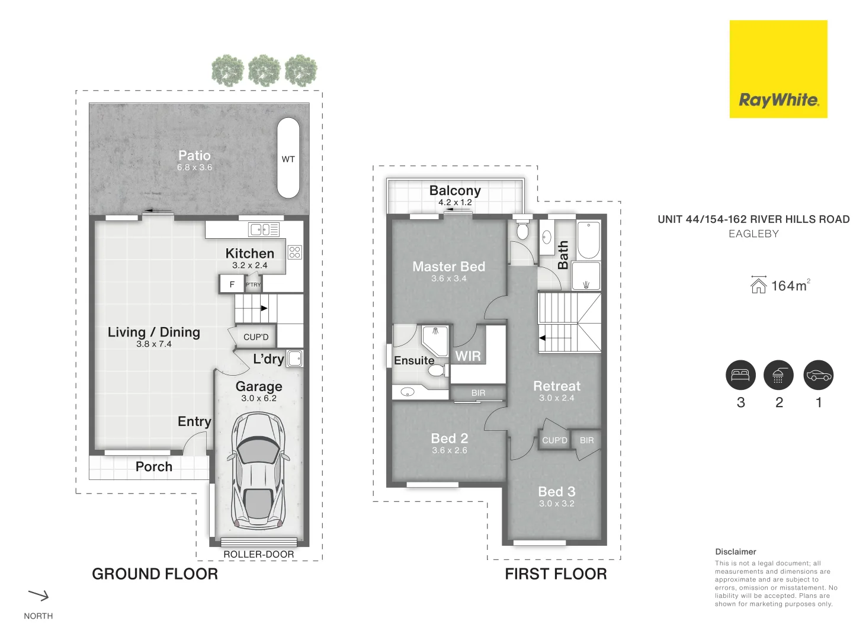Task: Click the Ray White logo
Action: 778,69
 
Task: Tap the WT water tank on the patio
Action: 288,158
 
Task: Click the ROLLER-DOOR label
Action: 258,555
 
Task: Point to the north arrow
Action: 39,595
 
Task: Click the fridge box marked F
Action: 232,284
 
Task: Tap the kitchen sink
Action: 264,229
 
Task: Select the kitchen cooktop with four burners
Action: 294,252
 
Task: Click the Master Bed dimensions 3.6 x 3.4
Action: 448,279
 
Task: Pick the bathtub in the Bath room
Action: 588,240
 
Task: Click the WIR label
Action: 468,356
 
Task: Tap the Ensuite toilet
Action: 437,370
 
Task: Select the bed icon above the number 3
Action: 740,375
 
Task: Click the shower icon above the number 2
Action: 778,375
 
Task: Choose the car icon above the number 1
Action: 818,375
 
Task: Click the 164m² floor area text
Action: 790,286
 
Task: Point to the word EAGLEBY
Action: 753,234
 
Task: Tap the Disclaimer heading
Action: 735,552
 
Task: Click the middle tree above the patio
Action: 264,71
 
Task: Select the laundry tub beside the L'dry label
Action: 294,359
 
